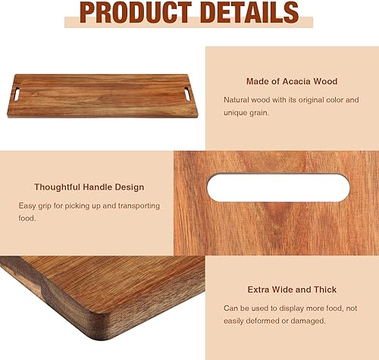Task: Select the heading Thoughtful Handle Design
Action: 89,186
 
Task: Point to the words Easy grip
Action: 36,205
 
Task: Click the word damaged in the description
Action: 307,321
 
